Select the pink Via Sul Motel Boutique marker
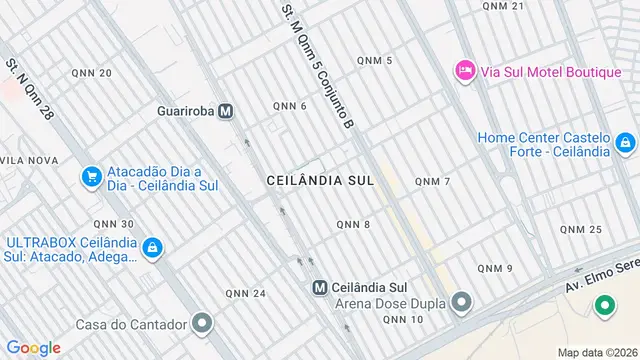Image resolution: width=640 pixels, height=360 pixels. (x=464, y=70)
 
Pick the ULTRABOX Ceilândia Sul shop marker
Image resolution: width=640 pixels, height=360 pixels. (x=152, y=246)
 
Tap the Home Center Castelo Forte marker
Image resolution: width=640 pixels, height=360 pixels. (x=625, y=144)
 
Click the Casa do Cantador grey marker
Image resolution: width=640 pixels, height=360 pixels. (x=203, y=323)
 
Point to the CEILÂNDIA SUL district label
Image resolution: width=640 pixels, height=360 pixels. (x=320, y=181)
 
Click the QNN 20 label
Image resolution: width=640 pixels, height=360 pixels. (x=92, y=73)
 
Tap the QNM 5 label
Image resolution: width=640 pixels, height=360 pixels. (x=374, y=61)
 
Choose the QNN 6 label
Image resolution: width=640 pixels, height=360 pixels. (x=290, y=106)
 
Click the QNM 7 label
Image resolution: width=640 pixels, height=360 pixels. (x=433, y=181)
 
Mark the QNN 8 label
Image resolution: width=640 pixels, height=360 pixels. (x=353, y=224)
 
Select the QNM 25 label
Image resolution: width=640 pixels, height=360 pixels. (x=581, y=230)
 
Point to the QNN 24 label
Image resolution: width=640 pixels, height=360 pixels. (x=245, y=293)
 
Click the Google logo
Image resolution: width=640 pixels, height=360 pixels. (x=34, y=347)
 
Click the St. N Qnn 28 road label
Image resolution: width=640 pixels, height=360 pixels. (x=28, y=89)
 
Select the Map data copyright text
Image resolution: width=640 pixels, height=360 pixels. (x=597, y=352)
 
